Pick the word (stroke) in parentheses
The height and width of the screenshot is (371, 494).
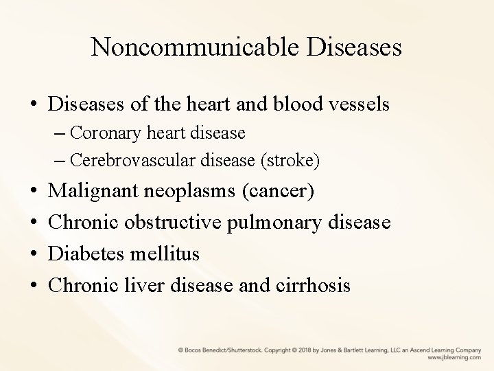click(290, 160)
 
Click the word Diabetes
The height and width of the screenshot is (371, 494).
click(90, 254)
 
